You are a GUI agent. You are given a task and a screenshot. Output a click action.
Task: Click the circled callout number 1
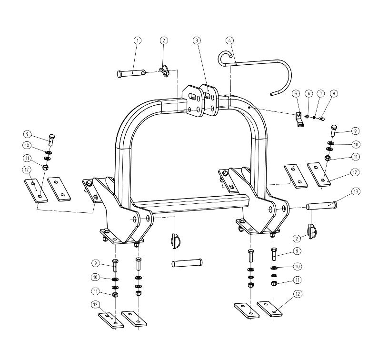(138, 40)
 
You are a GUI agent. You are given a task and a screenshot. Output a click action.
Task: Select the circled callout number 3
(197, 40)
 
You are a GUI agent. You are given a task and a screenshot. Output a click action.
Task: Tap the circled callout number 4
(229, 40)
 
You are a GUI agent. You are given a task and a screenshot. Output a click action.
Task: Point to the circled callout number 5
(296, 93)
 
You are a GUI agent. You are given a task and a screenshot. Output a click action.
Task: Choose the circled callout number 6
(308, 93)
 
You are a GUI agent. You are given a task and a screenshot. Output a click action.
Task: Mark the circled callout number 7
(321, 93)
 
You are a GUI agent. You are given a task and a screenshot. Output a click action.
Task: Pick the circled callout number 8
(334, 93)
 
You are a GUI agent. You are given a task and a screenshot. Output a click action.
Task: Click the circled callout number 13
(356, 191)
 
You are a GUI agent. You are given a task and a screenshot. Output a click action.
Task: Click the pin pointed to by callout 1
(131, 73)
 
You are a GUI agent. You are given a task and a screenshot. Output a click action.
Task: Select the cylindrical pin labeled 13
(321, 206)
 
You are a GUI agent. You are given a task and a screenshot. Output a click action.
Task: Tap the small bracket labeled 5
(299, 120)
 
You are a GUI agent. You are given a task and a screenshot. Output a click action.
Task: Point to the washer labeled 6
(308, 117)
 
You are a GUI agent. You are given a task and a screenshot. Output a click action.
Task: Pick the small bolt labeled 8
(322, 118)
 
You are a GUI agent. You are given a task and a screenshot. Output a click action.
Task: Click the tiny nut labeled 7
(314, 118)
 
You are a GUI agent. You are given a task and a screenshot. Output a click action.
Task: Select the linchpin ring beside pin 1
(164, 71)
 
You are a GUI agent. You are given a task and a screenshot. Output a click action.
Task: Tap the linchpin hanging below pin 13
(312, 231)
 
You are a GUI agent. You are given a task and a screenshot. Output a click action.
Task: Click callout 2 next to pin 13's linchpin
(297, 239)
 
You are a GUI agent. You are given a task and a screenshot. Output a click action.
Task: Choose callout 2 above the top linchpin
(164, 40)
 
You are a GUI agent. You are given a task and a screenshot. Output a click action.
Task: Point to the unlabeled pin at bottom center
(187, 263)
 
